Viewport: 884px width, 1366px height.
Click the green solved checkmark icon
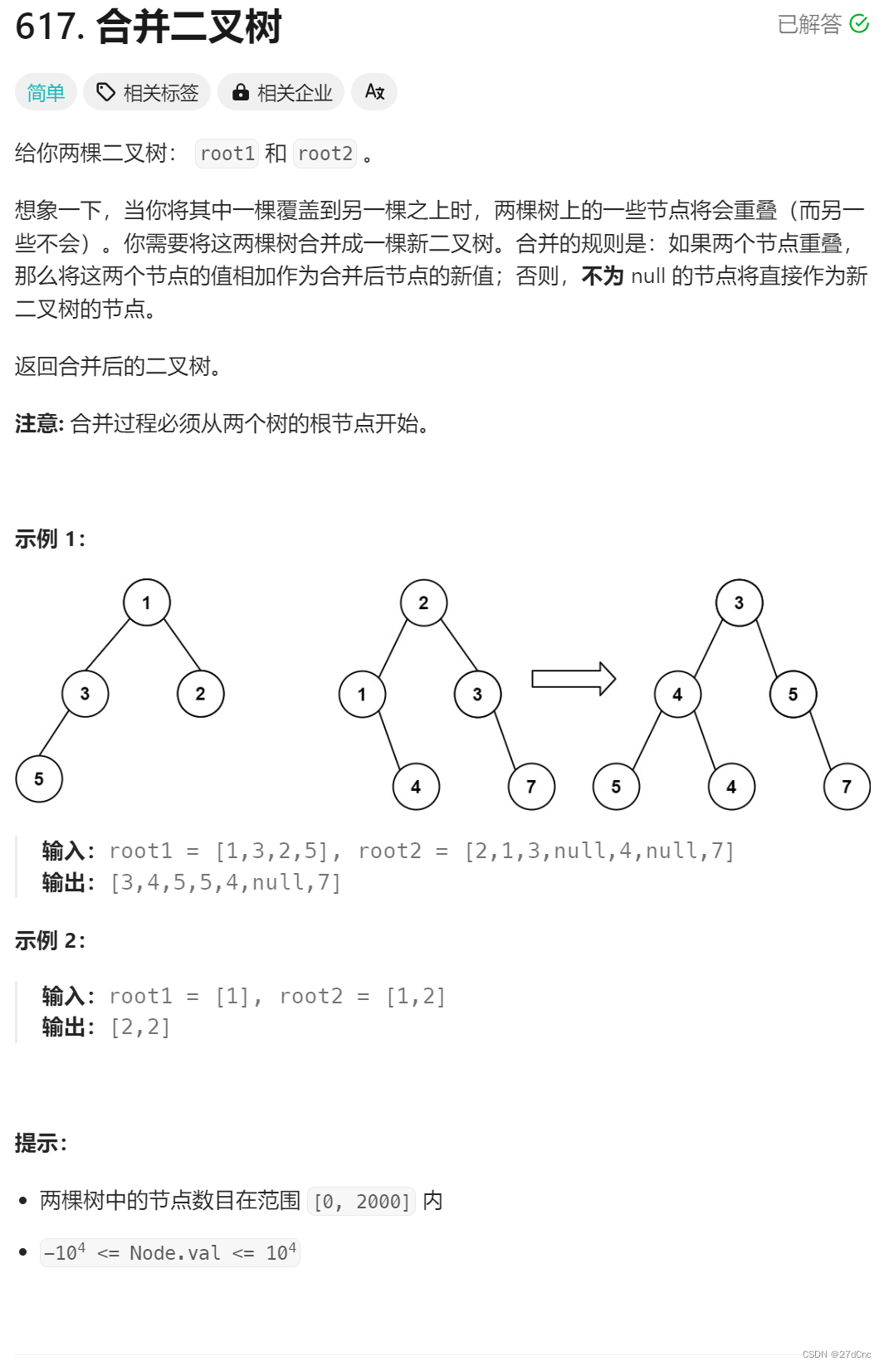859,24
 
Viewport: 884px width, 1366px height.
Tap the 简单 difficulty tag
46,92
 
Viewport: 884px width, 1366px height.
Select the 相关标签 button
147,92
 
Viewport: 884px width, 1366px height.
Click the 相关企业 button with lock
282,92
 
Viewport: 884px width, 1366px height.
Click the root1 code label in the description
227,154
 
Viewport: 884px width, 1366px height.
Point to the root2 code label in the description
325,154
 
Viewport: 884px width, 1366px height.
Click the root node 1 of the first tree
147,603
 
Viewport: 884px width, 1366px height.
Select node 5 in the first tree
39,778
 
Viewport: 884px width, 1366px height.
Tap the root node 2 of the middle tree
423,603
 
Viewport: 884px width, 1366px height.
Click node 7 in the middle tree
531,787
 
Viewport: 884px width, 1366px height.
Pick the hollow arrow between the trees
573,679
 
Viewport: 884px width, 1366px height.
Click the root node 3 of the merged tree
739,603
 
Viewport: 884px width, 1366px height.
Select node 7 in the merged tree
847,787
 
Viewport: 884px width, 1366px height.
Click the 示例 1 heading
50,539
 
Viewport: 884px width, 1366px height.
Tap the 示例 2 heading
50,940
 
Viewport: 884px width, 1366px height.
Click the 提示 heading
41,1144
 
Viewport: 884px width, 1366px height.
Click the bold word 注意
38,424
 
